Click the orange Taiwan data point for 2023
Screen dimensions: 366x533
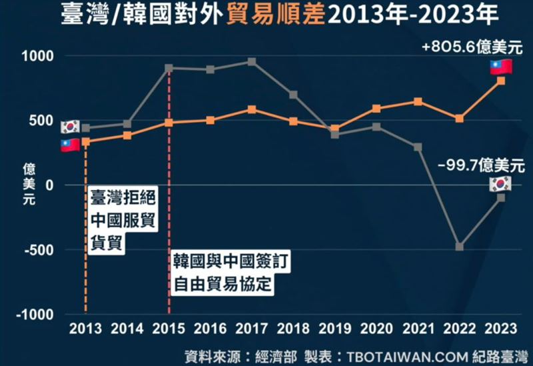[x=501, y=81]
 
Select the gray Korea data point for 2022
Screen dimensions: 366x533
[x=460, y=246]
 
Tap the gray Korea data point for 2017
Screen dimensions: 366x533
[x=252, y=61]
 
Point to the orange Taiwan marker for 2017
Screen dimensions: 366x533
[x=252, y=109]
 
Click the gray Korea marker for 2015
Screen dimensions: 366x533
[x=169, y=68]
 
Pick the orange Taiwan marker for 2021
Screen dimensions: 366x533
[x=418, y=101]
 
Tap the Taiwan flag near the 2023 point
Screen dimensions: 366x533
[x=500, y=67]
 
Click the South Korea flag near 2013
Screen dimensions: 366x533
[x=70, y=127]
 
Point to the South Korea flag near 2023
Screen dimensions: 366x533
[x=500, y=184]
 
